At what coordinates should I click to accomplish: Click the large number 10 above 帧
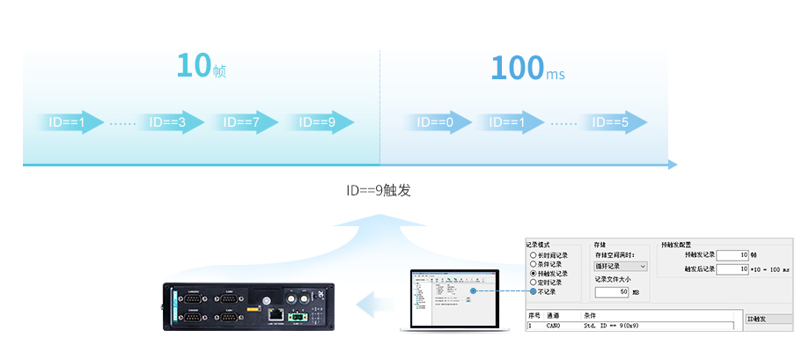pyautogui.click(x=194, y=66)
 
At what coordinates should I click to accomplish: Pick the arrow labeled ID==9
pyautogui.click(x=319, y=122)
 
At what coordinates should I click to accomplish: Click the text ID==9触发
pyautogui.click(x=379, y=190)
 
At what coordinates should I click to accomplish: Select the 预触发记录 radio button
pyautogui.click(x=532, y=274)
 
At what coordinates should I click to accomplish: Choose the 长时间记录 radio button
pyautogui.click(x=532, y=254)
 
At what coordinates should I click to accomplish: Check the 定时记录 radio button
pyautogui.click(x=532, y=283)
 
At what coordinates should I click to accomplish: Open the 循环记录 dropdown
pyautogui.click(x=621, y=266)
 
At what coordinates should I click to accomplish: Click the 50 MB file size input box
pyautogui.click(x=612, y=292)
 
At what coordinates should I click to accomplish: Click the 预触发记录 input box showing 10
pyautogui.click(x=732, y=254)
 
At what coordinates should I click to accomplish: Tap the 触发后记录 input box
pyautogui.click(x=732, y=268)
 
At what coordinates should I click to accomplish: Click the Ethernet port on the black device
pyautogui.click(x=276, y=313)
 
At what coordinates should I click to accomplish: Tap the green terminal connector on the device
pyautogui.click(x=298, y=313)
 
